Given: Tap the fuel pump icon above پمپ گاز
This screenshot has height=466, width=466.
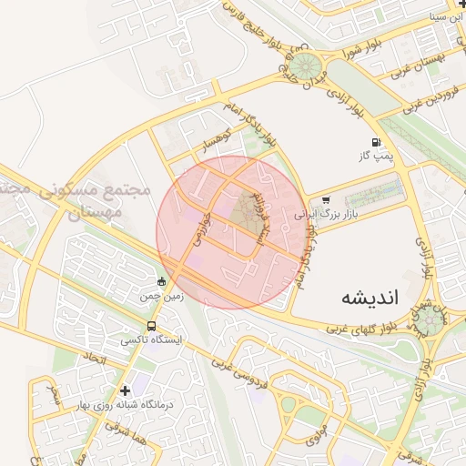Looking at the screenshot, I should coord(375,142).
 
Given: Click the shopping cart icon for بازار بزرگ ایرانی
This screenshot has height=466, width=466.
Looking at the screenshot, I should coord(326,199).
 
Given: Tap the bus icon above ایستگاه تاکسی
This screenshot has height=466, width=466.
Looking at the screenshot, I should coord(151,326).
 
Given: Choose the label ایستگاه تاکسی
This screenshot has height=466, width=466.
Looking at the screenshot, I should coord(151,339).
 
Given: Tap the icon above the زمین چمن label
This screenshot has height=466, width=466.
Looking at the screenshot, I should coord(162,281).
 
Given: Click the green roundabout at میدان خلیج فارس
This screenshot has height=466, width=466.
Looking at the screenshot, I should coord(305,66).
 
